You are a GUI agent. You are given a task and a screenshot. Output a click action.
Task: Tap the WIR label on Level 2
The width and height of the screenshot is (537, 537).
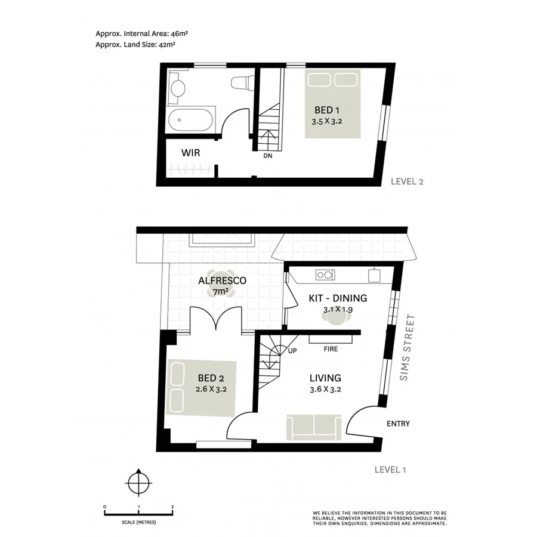point(190,153)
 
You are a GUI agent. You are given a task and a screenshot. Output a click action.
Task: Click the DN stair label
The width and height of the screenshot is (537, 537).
point(268,157)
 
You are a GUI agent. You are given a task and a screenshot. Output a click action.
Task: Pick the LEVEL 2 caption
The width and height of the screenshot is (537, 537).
point(407,183)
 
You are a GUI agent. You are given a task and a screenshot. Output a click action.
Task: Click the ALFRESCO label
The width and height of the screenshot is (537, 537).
point(222,280)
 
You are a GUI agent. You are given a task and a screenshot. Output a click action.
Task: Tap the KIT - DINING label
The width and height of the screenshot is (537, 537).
point(338,298)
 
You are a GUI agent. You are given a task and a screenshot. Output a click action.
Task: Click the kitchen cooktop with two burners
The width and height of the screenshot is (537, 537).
point(325,276)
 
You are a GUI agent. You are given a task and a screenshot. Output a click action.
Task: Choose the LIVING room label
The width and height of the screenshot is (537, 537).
point(325,378)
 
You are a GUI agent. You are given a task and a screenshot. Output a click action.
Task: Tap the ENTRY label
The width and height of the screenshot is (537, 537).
point(398,424)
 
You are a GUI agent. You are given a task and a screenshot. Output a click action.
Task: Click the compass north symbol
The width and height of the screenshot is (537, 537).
point(139,480)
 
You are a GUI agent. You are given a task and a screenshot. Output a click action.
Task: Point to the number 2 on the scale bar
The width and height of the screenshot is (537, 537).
point(172,507)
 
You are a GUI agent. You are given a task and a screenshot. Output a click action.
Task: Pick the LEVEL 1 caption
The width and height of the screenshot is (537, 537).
point(390,470)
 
